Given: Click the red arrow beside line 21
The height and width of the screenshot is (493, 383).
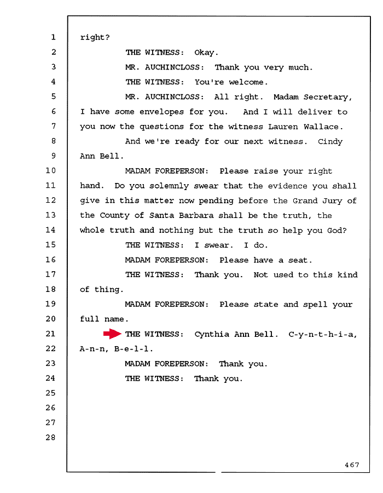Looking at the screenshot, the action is (x=112, y=334).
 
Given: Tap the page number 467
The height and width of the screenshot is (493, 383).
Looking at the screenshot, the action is (x=352, y=465).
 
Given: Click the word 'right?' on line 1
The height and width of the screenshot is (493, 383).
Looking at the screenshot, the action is (x=95, y=37).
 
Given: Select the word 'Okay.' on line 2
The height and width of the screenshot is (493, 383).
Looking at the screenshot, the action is (x=206, y=52).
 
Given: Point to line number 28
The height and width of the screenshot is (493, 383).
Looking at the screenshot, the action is (x=50, y=437).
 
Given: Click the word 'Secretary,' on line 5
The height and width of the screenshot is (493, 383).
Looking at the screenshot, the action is (x=327, y=97).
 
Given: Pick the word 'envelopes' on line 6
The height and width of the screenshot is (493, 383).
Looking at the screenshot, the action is (x=161, y=112).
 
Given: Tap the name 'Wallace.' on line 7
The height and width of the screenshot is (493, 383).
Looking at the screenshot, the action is (x=323, y=127).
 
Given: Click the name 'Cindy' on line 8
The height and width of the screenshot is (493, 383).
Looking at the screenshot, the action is (x=330, y=142).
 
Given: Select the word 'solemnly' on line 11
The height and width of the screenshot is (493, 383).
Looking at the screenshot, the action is (x=169, y=186).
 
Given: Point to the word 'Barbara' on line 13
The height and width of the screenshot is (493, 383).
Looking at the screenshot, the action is (x=196, y=215).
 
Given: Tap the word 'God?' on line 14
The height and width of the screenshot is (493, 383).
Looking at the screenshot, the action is (x=337, y=231).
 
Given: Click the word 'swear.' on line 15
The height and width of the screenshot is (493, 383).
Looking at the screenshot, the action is (x=218, y=245).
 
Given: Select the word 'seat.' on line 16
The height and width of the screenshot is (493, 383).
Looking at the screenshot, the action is (x=300, y=260).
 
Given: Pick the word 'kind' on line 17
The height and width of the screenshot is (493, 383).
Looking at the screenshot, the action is (x=347, y=275).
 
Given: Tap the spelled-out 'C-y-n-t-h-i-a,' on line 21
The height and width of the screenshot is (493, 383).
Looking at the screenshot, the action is (x=323, y=335).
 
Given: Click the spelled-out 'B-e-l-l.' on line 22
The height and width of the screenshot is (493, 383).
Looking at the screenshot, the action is (x=134, y=349).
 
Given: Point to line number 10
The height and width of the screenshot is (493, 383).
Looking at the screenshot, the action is (x=50, y=170).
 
